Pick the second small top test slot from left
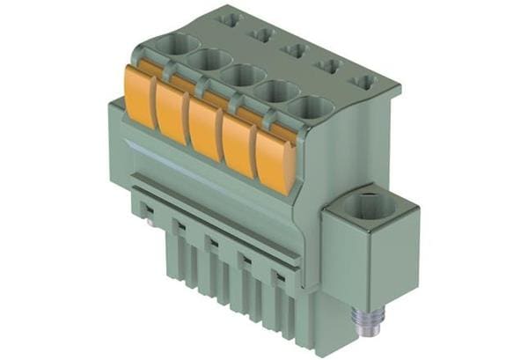coord(262,33)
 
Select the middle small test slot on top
coord(295,49)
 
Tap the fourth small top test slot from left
coord(327,65)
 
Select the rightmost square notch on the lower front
coord(279,277)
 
